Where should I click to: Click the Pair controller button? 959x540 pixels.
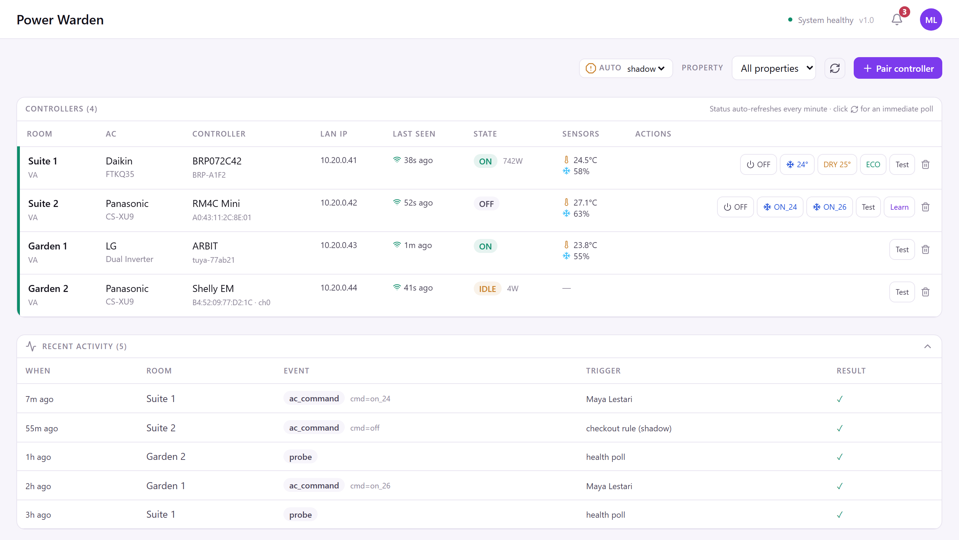(x=898, y=68)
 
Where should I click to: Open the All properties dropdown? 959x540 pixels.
(x=774, y=68)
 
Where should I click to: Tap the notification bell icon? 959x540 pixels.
(x=897, y=20)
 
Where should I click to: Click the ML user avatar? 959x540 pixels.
(x=931, y=20)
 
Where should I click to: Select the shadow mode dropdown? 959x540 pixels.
(x=646, y=69)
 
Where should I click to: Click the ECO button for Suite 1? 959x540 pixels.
(x=873, y=164)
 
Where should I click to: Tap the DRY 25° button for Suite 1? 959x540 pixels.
(x=837, y=164)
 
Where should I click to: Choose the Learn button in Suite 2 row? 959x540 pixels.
(x=899, y=207)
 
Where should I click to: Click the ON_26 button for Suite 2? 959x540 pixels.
(x=829, y=207)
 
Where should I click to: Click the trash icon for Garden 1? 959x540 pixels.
(x=926, y=249)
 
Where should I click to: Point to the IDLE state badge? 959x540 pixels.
(x=487, y=289)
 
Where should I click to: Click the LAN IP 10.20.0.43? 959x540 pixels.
(x=338, y=245)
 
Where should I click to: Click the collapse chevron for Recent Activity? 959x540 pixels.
(x=927, y=347)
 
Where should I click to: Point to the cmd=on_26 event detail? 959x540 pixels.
(x=370, y=486)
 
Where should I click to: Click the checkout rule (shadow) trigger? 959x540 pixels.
(x=629, y=429)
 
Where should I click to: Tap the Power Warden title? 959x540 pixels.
(x=60, y=20)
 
